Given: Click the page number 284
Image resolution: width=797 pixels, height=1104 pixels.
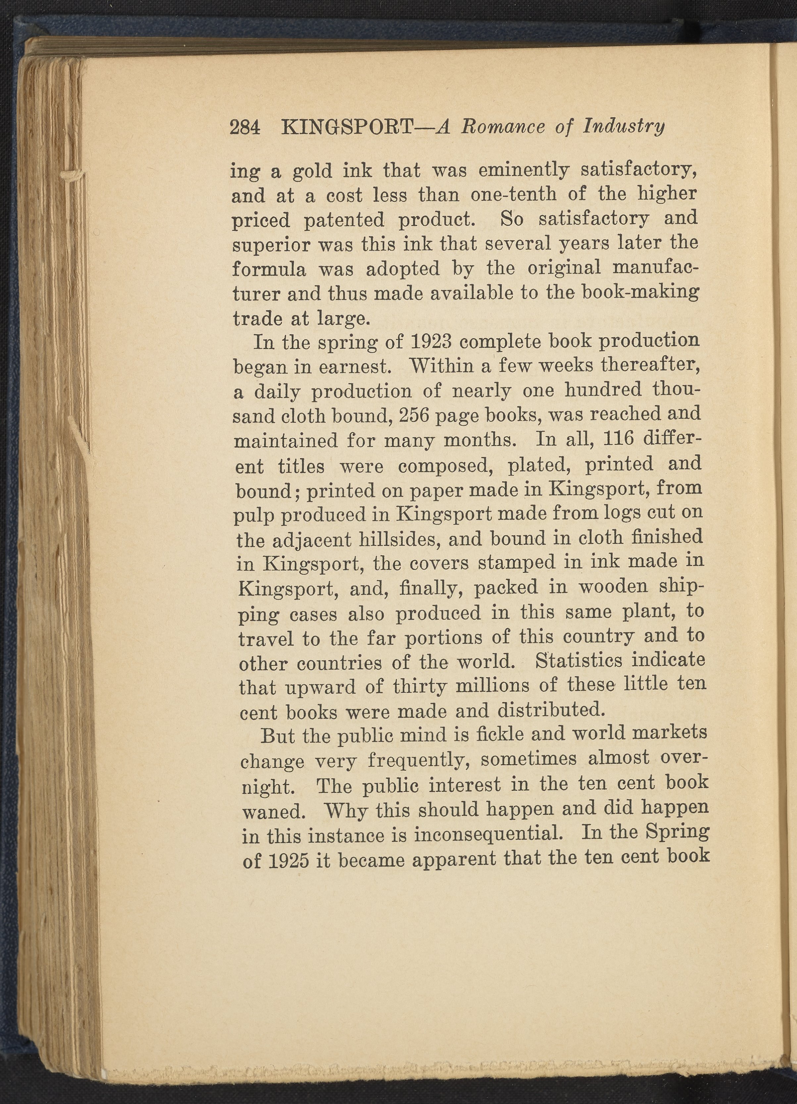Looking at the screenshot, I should [245, 128].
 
